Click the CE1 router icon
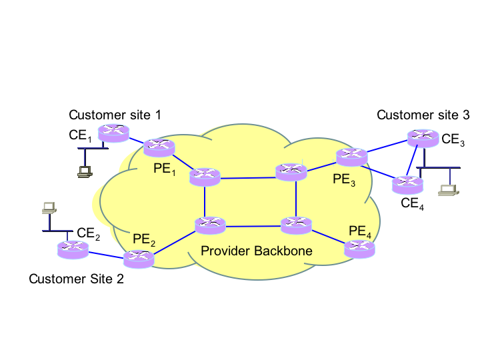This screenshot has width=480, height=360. tap(112, 133)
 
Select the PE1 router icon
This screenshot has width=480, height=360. tap(159, 147)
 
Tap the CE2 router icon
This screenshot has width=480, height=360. tap(73, 250)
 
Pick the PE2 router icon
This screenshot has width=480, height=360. tap(139, 259)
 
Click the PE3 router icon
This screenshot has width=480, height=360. tap(351, 157)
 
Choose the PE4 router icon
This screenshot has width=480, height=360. tap(360, 249)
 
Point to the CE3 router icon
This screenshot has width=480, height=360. tap(423, 138)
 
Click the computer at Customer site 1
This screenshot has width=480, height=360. tap(85, 172)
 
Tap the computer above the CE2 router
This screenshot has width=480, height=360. tap(48, 207)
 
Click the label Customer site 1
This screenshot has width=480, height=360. tap(115, 115)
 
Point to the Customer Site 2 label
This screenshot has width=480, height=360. tap(76, 279)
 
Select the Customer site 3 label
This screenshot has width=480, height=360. tap(423, 115)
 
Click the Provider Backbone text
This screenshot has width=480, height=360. tap(257, 251)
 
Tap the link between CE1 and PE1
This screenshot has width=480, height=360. tap(136, 141)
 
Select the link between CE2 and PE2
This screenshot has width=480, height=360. tap(106, 254)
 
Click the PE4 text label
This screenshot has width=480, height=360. tap(358, 231)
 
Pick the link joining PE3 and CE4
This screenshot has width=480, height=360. tap(378, 171)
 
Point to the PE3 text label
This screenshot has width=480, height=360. tap(344, 179)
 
